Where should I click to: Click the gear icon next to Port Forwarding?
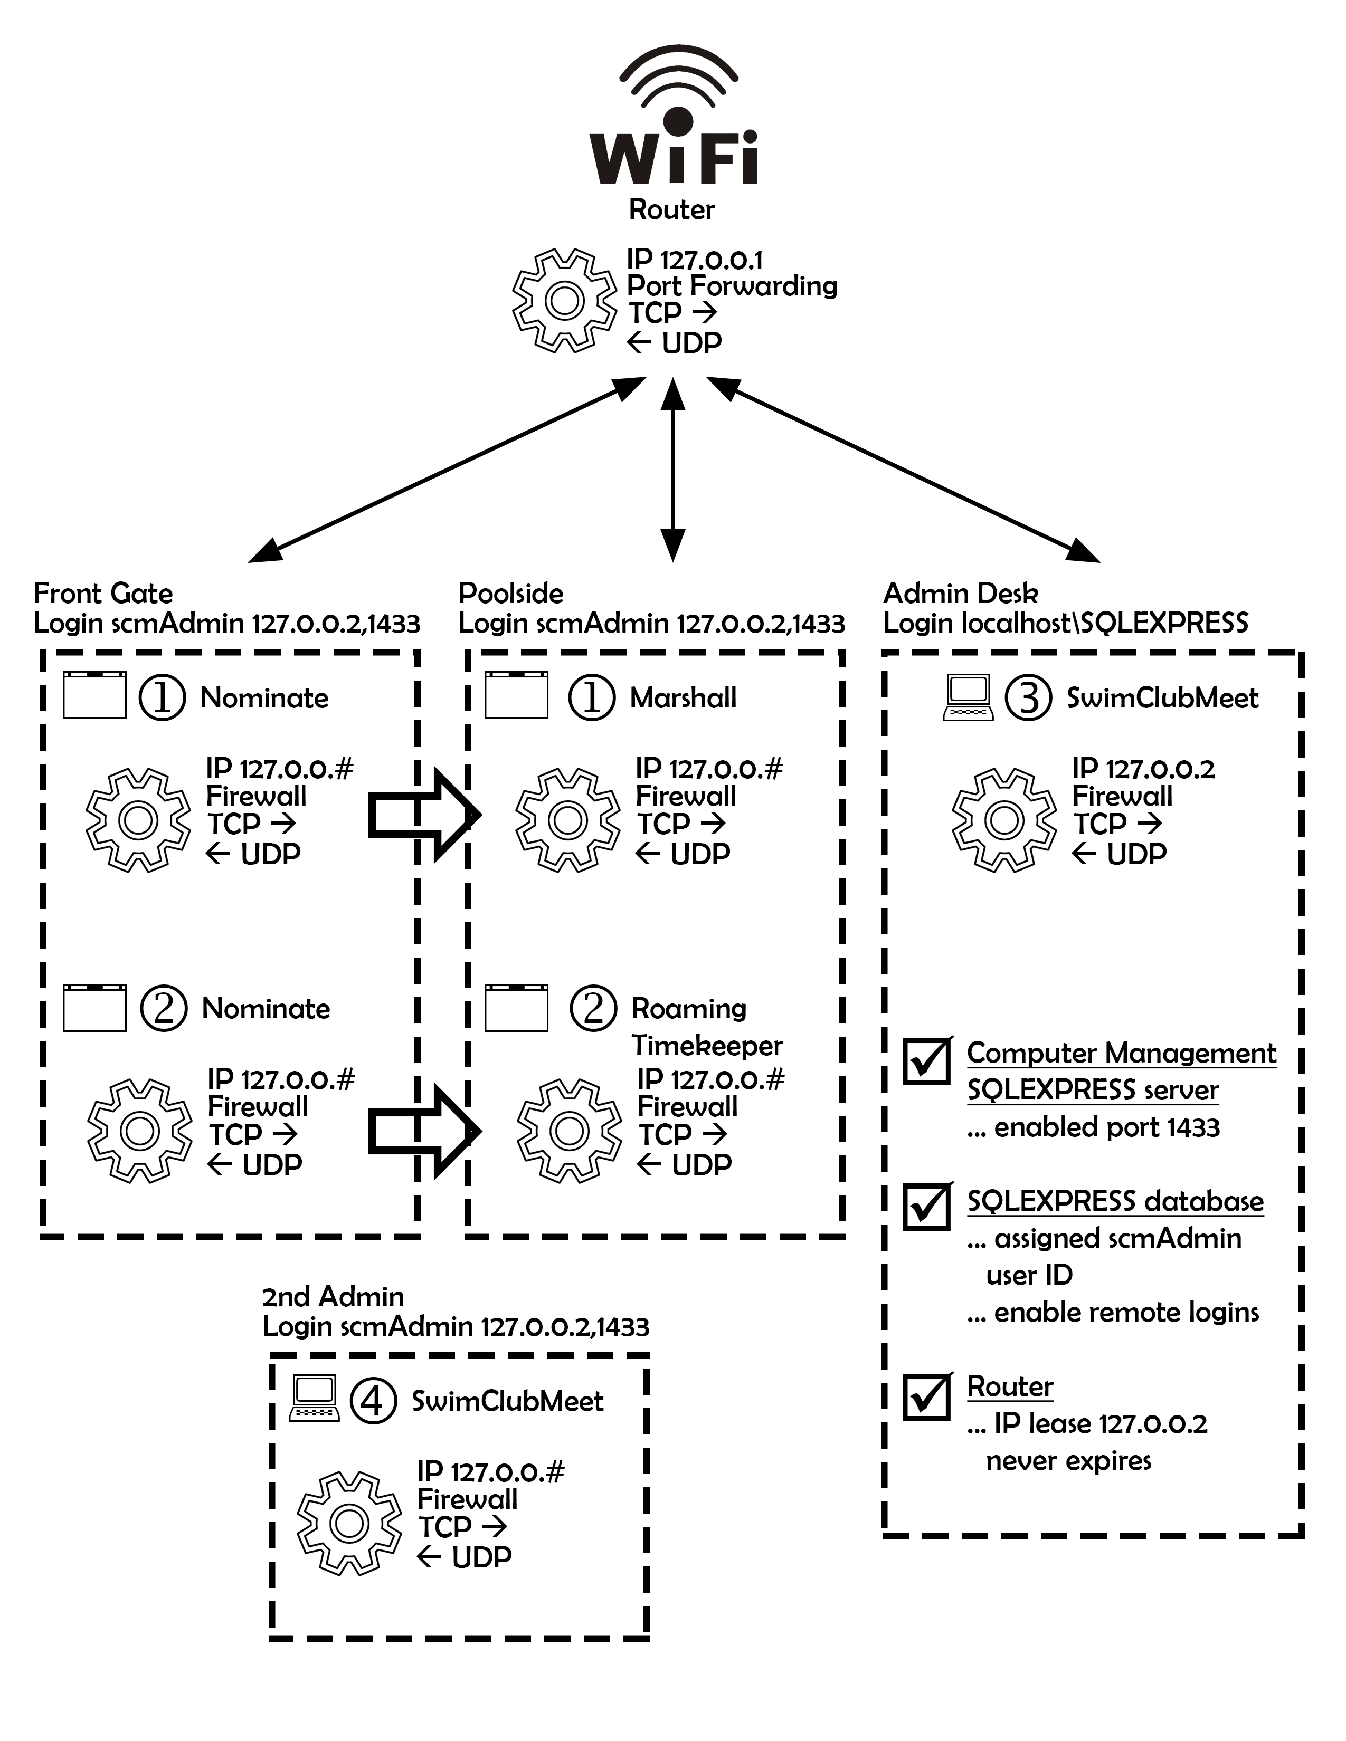[x=565, y=301]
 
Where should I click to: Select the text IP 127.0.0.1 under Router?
[x=695, y=260]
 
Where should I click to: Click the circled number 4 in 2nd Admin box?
[x=372, y=1401]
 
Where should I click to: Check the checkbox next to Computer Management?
[x=926, y=1061]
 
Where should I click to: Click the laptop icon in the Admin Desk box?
[x=968, y=699]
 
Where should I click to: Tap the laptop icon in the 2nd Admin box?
[x=314, y=1399]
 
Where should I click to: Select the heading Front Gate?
[x=103, y=593]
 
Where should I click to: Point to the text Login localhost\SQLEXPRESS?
[x=1065, y=623]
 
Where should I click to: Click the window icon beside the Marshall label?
[x=517, y=695]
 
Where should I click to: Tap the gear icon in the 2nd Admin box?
[x=349, y=1524]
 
